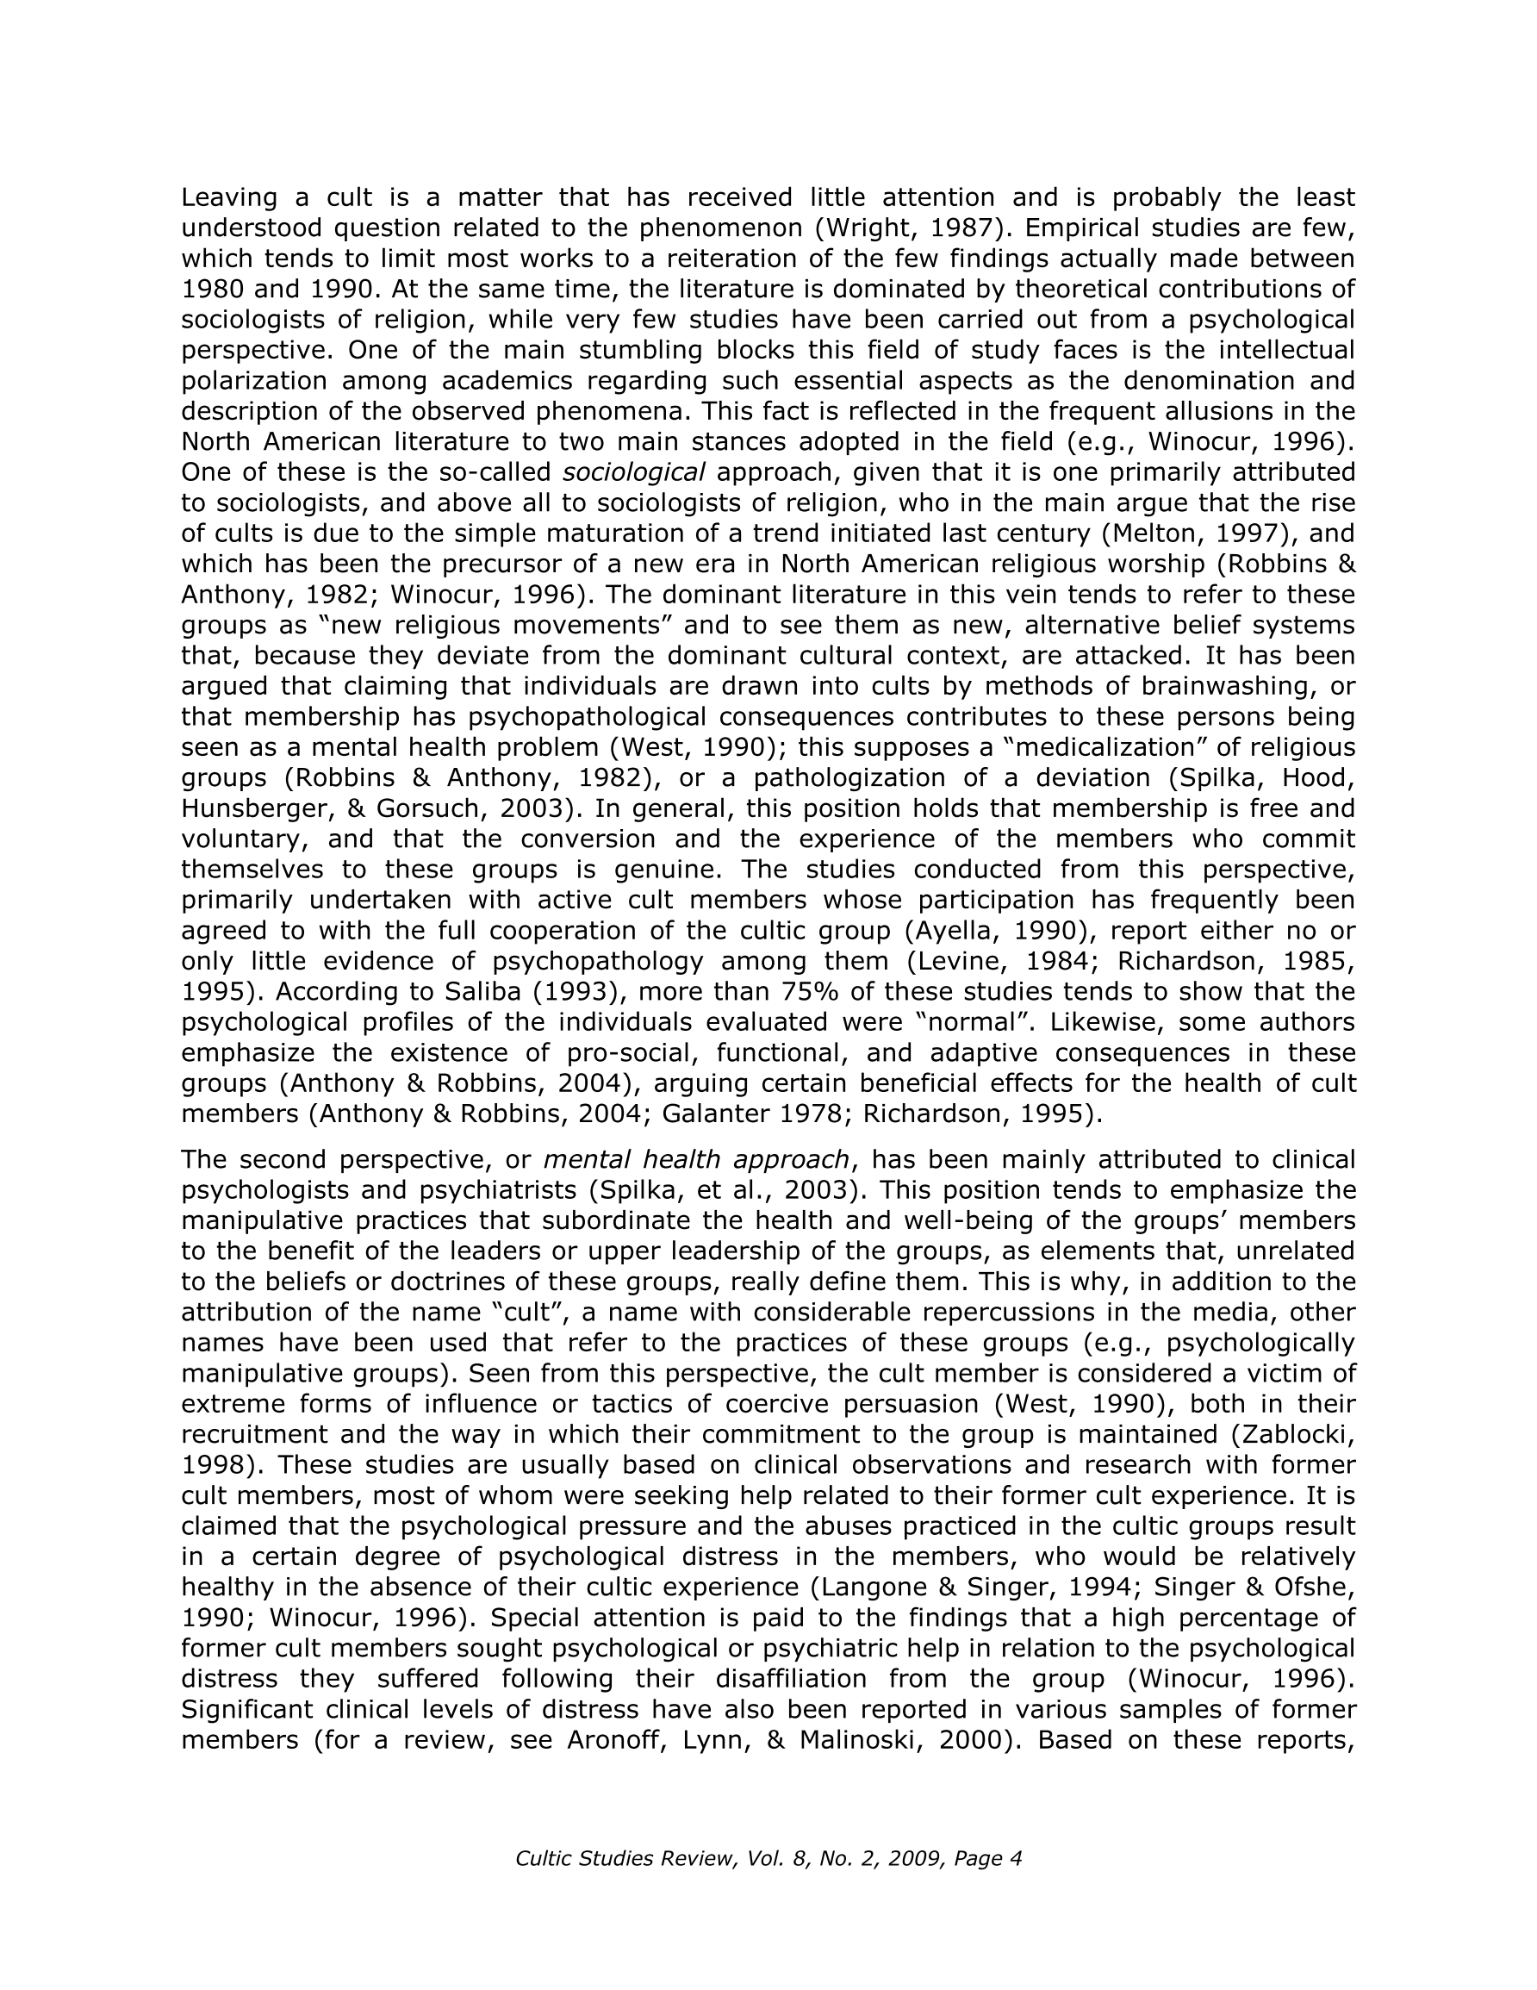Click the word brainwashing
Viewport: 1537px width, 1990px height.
click(1229, 686)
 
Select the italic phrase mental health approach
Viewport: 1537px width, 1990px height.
click(696, 1160)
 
